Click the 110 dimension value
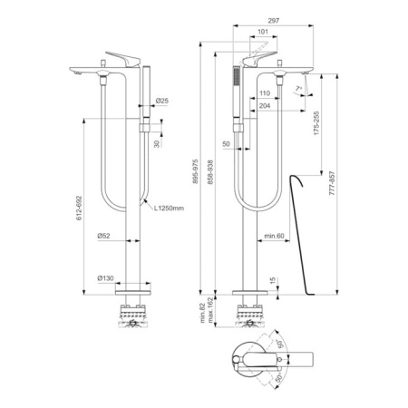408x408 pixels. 264,93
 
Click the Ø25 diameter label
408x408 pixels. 160,101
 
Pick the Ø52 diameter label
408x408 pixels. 105,238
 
